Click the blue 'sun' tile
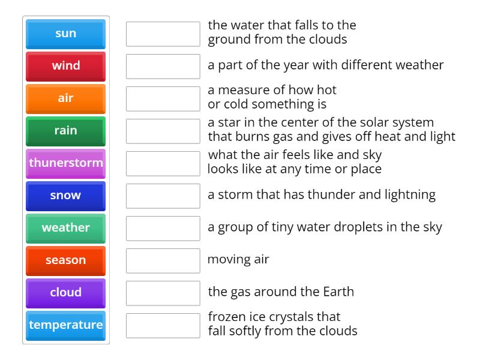coord(65,34)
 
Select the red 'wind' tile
coord(65,66)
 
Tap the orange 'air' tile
coord(65,98)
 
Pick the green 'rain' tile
coord(65,131)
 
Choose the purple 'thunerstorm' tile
coord(65,163)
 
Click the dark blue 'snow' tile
coord(65,196)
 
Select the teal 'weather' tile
coord(65,228)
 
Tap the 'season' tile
coord(65,260)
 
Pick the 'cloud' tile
coord(65,293)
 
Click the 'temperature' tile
coord(65,325)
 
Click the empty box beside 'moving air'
coord(163,261)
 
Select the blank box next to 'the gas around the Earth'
coord(163,293)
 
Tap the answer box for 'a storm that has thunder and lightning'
coord(163,196)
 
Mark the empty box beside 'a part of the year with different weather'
coord(163,67)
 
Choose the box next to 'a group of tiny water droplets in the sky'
coord(163,229)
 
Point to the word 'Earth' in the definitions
coord(337,292)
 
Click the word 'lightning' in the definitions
coord(411,194)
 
